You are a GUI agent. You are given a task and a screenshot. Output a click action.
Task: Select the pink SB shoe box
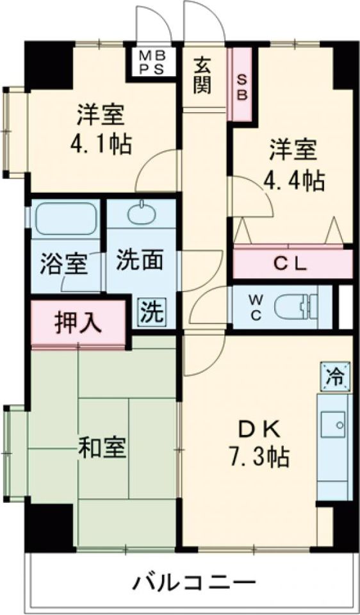tap(242, 86)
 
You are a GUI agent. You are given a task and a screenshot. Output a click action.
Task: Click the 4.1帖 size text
tap(101, 143)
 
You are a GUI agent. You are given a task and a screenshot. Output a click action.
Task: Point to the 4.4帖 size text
tap(294, 181)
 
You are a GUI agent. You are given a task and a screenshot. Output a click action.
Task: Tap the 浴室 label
tap(64, 264)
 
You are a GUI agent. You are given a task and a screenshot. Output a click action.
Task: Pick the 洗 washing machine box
tap(152, 312)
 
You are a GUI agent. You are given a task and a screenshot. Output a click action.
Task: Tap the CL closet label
tap(292, 263)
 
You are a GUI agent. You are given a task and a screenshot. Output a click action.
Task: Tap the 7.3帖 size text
tap(259, 457)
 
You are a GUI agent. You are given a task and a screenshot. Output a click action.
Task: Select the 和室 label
tap(102, 448)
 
